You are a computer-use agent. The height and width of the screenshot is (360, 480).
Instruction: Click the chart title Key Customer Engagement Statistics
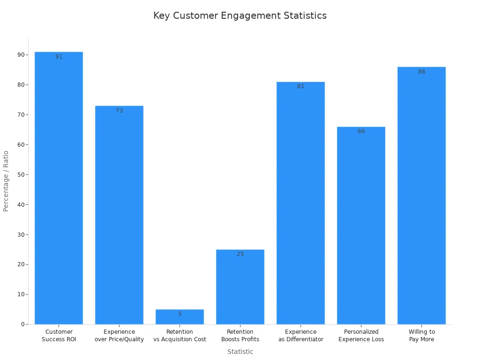pos(240,15)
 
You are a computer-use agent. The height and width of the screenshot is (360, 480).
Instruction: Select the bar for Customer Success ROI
pos(59,187)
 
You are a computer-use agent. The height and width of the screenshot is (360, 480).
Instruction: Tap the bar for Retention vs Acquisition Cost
pos(180,317)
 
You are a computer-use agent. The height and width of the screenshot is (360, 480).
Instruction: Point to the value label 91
pos(59,57)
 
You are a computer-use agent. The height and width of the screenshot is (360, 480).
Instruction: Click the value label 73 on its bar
pos(120,111)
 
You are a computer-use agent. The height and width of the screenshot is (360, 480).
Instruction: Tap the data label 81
pos(300,86)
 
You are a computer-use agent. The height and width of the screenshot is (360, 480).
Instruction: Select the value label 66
pos(361,131)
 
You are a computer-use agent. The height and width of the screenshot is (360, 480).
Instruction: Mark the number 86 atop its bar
pos(421,72)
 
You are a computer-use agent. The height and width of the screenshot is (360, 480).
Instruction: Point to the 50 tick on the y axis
pos(21,175)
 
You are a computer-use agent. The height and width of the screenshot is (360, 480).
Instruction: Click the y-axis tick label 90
pos(21,55)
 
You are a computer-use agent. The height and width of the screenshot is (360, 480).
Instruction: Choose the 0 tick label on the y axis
pos(22,324)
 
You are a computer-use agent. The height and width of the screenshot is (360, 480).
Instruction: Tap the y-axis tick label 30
pos(21,234)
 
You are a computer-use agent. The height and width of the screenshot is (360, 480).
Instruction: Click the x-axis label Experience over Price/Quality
pos(119,336)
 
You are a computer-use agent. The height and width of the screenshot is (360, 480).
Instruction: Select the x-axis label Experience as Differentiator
pos(300,336)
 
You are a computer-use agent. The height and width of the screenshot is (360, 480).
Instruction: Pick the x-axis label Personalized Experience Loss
pos(361,336)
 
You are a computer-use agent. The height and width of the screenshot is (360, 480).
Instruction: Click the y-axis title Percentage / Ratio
pos(6,181)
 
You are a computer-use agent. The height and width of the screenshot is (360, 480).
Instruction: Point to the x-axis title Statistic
pos(240,352)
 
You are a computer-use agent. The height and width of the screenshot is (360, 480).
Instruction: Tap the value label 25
pos(240,254)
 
